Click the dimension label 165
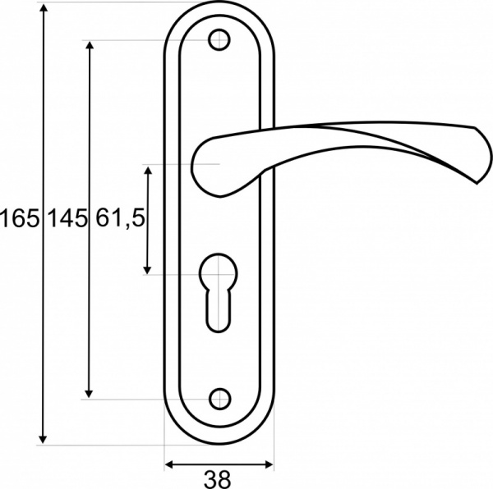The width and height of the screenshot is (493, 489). (x=20, y=219)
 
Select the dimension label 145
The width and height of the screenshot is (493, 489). (x=67, y=219)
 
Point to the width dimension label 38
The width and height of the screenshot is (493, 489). (x=218, y=478)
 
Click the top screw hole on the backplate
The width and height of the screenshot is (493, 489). (x=218, y=39)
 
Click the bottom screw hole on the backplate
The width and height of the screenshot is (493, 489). (x=218, y=399)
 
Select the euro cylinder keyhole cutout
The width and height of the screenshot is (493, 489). (x=218, y=291)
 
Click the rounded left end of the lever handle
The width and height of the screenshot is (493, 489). (x=201, y=168)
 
